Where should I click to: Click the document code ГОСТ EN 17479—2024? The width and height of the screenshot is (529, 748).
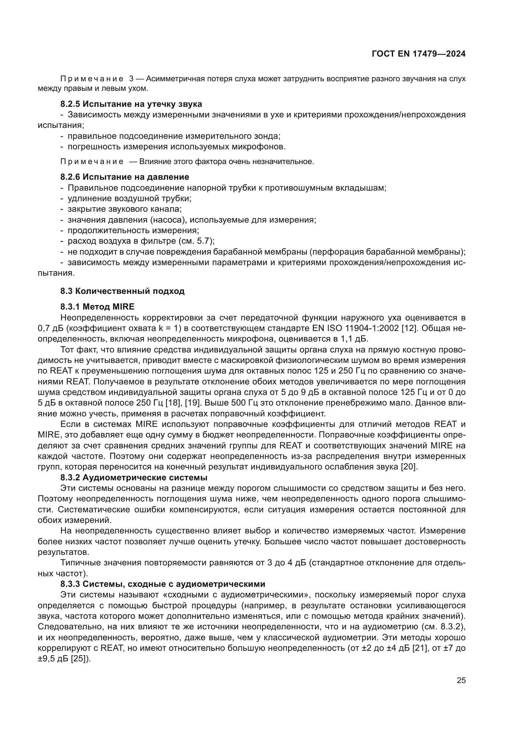[x=418, y=54]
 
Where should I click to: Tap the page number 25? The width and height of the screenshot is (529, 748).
[x=461, y=680]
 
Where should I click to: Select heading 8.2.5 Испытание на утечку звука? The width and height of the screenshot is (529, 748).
[x=131, y=104]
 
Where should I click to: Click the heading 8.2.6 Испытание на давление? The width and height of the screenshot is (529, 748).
[x=124, y=177]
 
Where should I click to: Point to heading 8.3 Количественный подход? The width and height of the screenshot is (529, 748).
[x=122, y=291]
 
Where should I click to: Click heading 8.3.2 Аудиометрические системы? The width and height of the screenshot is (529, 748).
[x=134, y=477]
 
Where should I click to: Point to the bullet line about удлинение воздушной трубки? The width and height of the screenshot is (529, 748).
[x=129, y=198]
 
